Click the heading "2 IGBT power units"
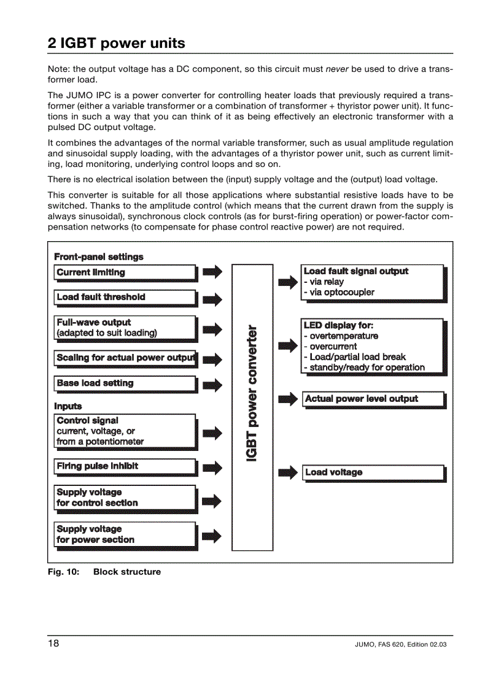coord(116,44)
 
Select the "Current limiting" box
coord(125,272)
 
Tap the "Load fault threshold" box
coord(125,297)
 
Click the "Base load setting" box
coord(125,383)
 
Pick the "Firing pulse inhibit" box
coord(125,466)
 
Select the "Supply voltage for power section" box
coord(125,534)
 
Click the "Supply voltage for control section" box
coord(125,498)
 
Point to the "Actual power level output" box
coord(373,399)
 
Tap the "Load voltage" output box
coord(373,472)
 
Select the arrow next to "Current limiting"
coord(212,272)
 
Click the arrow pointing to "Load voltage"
coord(288,472)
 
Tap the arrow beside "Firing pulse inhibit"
coord(212,468)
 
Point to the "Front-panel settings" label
coord(99,257)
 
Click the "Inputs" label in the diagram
coord(68,406)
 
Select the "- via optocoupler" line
coord(339,293)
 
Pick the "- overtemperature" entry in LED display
coord(341,336)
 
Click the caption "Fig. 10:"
coord(64,572)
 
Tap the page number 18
coord(53,644)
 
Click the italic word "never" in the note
coord(337,69)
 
